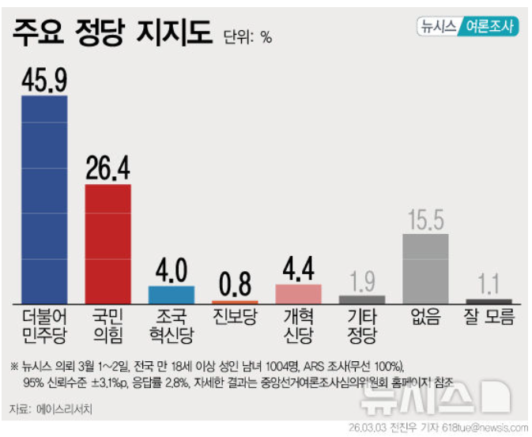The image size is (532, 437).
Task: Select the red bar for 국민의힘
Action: pyautogui.click(x=108, y=243)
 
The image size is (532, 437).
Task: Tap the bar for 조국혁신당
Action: pyautogui.click(x=171, y=295)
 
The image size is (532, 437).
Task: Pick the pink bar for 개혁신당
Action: pyautogui.click(x=298, y=293)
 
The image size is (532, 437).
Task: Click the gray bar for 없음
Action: pyautogui.click(x=425, y=268)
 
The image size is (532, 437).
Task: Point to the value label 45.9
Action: pyautogui.click(x=44, y=80)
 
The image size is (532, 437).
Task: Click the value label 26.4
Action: pyautogui.click(x=108, y=168)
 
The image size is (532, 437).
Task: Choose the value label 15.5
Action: pyautogui.click(x=425, y=219)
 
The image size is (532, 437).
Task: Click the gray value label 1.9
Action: pyautogui.click(x=362, y=281)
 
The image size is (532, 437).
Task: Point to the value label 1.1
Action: pyautogui.click(x=489, y=284)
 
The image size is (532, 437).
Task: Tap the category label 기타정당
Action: pyautogui.click(x=362, y=326)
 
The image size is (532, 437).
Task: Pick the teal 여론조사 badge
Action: pyautogui.click(x=488, y=25)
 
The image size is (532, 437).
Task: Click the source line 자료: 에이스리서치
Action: pyautogui.click(x=51, y=409)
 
